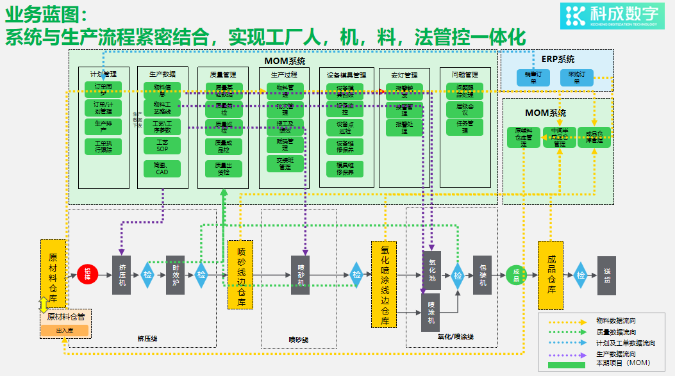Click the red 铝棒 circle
click(87, 275)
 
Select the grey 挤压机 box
click(121, 275)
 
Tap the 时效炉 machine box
click(175, 275)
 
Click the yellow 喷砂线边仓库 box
click(241, 274)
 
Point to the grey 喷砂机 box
click(301, 275)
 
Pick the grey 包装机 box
click(482, 275)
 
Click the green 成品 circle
click(516, 275)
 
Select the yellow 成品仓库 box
click(550, 275)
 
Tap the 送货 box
click(606, 275)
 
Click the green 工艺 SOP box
click(162, 145)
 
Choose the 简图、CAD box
click(162, 168)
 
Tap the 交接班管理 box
click(285, 163)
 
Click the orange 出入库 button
click(65, 331)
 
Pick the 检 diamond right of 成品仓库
click(581, 275)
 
